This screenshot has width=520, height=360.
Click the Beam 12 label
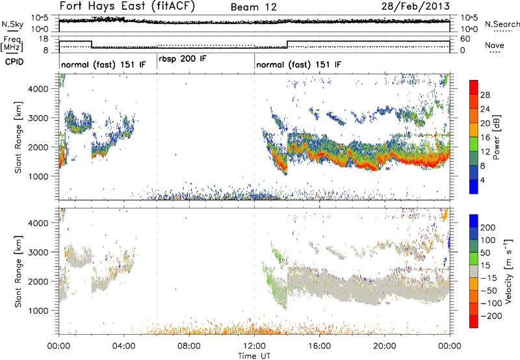point(253,6)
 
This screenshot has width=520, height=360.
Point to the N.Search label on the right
point(499,23)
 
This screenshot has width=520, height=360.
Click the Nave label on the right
point(495,46)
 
